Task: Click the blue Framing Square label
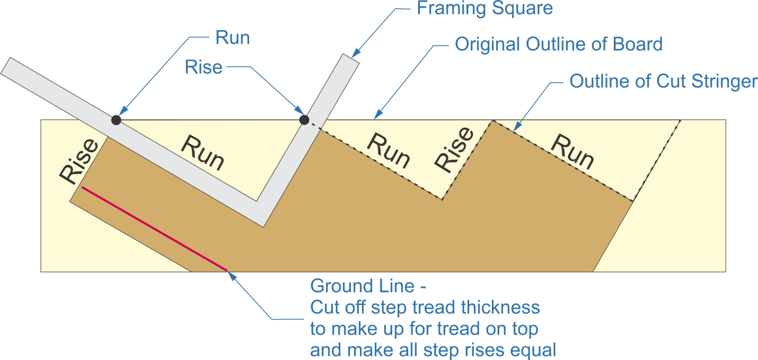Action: click(x=484, y=8)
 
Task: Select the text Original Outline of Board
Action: click(x=559, y=44)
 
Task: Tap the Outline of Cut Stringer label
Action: click(x=663, y=81)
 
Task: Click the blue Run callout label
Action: click(x=232, y=38)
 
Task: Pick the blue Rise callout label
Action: click(x=203, y=67)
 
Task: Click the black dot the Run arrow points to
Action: click(x=116, y=120)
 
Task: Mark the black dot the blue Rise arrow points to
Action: click(x=304, y=120)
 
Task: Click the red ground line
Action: click(x=154, y=229)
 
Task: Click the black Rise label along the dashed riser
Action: click(x=454, y=150)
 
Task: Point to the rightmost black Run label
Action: click(x=571, y=151)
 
